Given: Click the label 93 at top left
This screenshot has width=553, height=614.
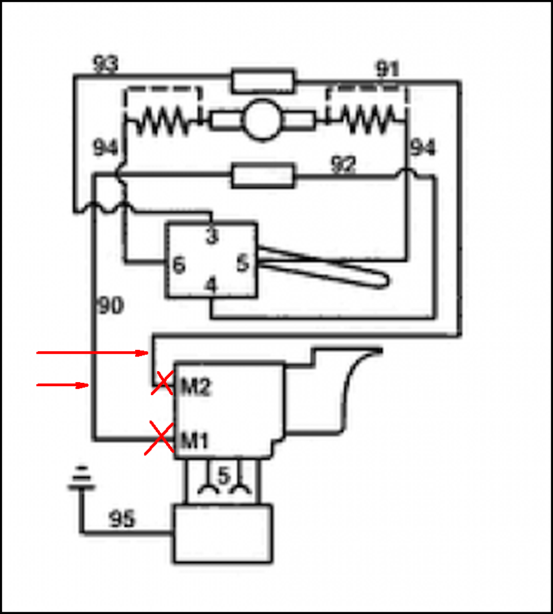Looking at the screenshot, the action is (106, 63).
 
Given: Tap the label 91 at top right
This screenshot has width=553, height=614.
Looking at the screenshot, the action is (388, 69).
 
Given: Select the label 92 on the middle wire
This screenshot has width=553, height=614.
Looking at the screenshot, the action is (344, 164).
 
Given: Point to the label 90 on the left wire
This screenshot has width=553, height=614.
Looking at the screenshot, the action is (111, 305).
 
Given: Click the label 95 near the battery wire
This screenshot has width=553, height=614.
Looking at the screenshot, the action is (122, 519).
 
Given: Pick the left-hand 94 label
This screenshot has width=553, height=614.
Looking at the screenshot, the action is (106, 147).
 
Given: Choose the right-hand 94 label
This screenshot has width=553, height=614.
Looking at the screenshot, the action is (423, 147).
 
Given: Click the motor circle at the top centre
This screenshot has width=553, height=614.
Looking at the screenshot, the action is (261, 119).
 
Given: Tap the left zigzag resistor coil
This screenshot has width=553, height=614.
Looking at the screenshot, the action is (163, 120).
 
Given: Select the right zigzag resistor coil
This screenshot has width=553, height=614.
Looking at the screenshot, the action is (368, 119).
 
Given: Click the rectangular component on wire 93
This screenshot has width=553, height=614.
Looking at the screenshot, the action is (263, 81).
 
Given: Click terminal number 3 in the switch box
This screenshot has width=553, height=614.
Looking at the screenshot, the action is (212, 236).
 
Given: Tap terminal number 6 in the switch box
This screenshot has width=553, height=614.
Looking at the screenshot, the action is (179, 265).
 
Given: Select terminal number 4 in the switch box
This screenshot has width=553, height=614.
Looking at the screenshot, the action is (211, 285).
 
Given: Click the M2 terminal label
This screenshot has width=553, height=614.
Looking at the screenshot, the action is (196, 387).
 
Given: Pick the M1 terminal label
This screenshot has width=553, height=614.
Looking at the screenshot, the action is (195, 441).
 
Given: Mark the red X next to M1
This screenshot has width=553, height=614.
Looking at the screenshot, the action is (159, 438).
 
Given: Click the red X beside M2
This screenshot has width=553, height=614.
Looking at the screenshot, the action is (163, 383).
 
